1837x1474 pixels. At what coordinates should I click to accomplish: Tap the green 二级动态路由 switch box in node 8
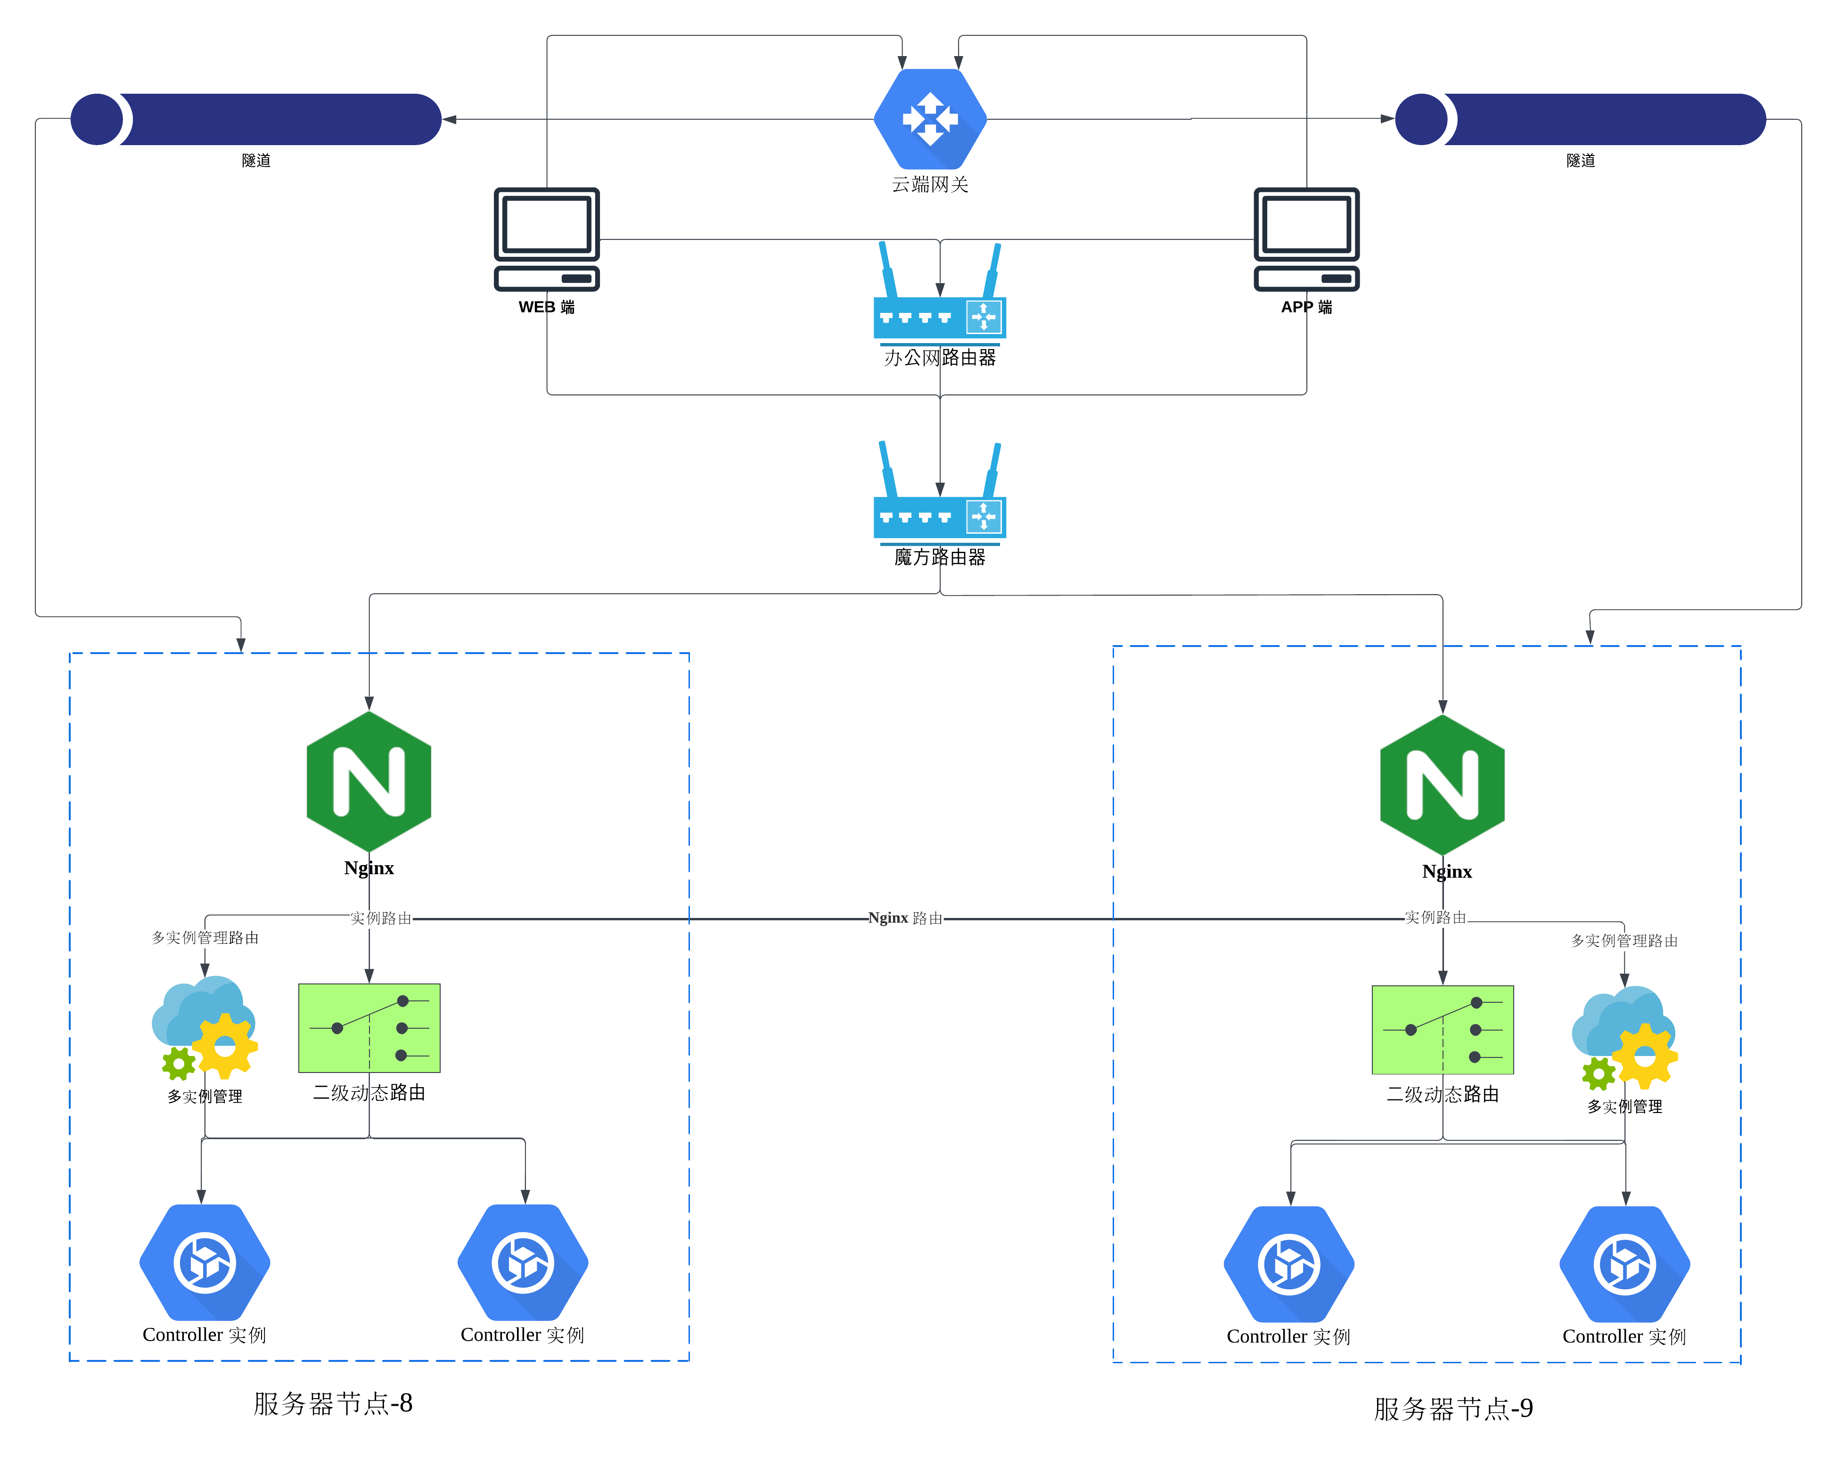click(x=369, y=1028)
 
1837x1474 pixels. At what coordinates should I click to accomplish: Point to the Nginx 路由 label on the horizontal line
click(x=905, y=917)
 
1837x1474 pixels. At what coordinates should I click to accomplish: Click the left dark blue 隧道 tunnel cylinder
click(x=255, y=119)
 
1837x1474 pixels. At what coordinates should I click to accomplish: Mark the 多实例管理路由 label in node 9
click(x=1624, y=941)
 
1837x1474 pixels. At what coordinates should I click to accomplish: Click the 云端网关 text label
click(x=930, y=184)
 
